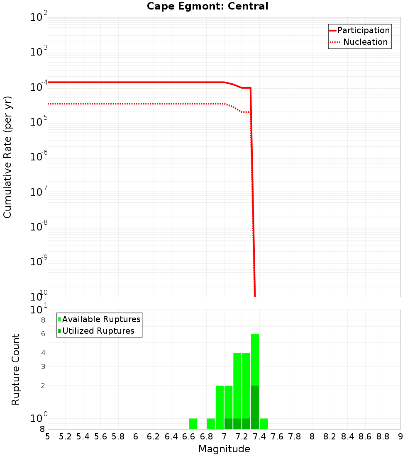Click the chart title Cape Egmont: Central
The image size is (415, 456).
(x=207, y=6)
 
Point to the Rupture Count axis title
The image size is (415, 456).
(x=16, y=369)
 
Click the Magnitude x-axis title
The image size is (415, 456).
(x=224, y=449)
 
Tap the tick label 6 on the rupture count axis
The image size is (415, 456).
(x=43, y=334)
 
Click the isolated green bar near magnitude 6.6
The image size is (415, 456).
(x=193, y=424)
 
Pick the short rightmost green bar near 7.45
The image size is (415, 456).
(x=264, y=424)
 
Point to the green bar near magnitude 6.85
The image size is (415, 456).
(x=211, y=424)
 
